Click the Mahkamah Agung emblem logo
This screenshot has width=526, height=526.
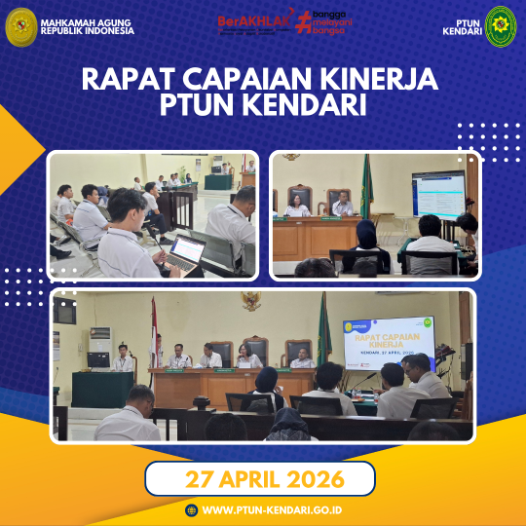[20, 26]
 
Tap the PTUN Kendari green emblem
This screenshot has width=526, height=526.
[501, 26]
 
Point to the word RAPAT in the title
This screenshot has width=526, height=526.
[124, 78]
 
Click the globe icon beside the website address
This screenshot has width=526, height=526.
[191, 509]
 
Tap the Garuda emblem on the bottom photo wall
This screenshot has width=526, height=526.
[251, 302]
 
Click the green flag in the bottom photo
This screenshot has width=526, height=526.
[323, 331]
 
